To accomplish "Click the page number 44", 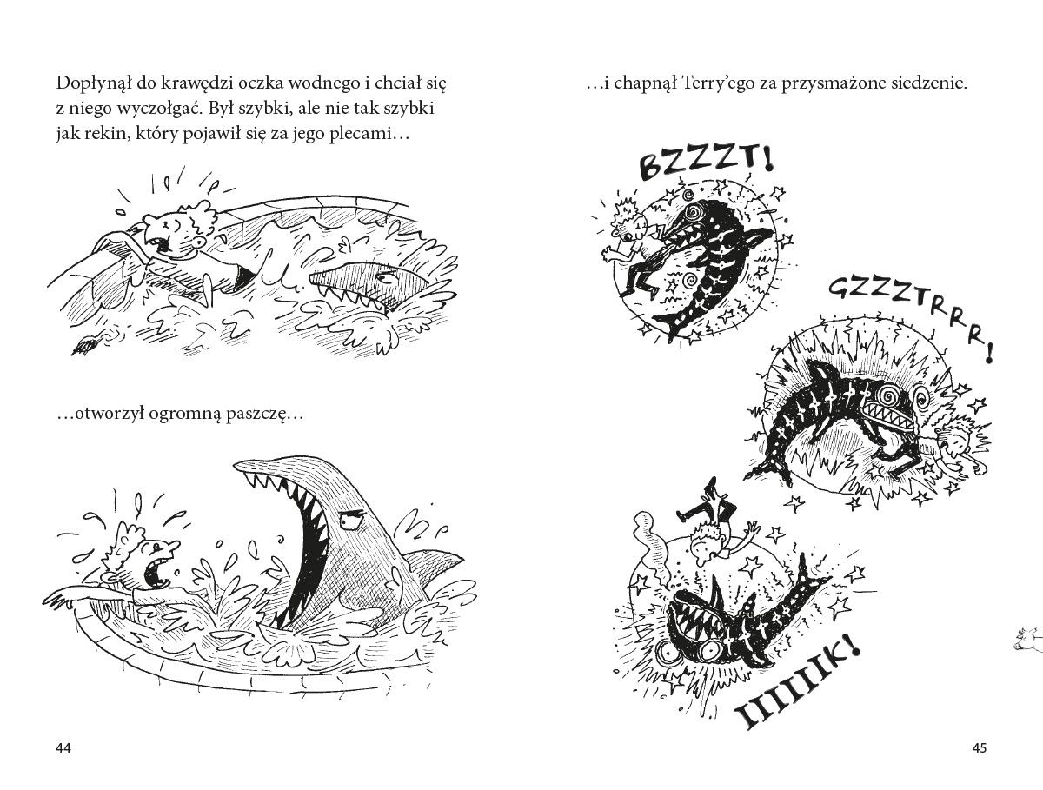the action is pos(63,748).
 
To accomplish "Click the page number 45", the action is pos(980,748).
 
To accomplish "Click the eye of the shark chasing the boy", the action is pos(387,276).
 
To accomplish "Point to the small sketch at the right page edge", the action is pos(1027,638).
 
